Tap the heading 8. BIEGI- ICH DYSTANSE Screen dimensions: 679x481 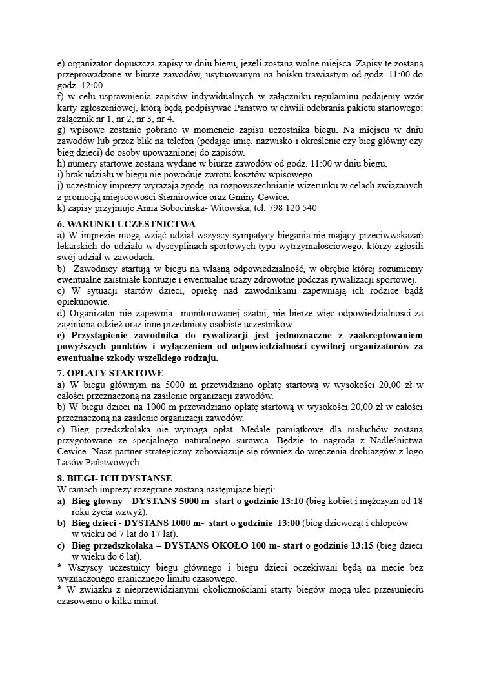[x=114, y=478]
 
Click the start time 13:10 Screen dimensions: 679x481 [x=290, y=501]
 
